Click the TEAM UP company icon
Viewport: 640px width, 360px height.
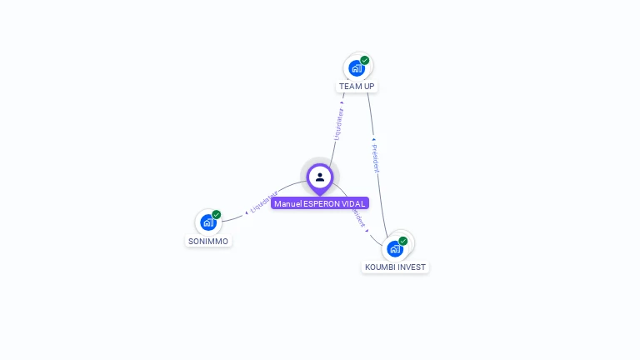click(357, 68)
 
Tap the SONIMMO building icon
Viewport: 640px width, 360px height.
click(207, 222)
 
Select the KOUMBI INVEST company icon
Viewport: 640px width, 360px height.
click(395, 248)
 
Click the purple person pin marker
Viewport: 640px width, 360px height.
click(320, 177)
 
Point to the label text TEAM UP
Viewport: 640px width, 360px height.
click(357, 87)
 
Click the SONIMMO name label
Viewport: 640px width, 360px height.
click(207, 242)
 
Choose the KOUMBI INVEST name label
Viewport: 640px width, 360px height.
click(395, 267)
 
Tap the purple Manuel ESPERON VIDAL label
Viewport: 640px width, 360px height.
click(320, 203)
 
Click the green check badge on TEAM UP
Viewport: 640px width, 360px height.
click(365, 60)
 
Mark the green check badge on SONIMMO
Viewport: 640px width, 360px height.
click(217, 214)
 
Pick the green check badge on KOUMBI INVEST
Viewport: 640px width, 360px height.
click(403, 241)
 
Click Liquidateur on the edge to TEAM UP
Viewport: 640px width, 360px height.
click(338, 122)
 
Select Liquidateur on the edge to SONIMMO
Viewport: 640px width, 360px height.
click(263, 202)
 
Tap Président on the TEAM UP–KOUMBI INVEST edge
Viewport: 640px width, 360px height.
click(376, 156)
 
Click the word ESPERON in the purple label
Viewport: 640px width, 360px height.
click(322, 203)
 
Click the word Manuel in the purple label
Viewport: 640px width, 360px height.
click(287, 203)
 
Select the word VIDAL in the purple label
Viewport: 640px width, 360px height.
click(354, 203)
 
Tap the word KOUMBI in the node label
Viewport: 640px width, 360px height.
click(380, 267)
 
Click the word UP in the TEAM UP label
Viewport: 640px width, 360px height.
click(368, 87)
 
